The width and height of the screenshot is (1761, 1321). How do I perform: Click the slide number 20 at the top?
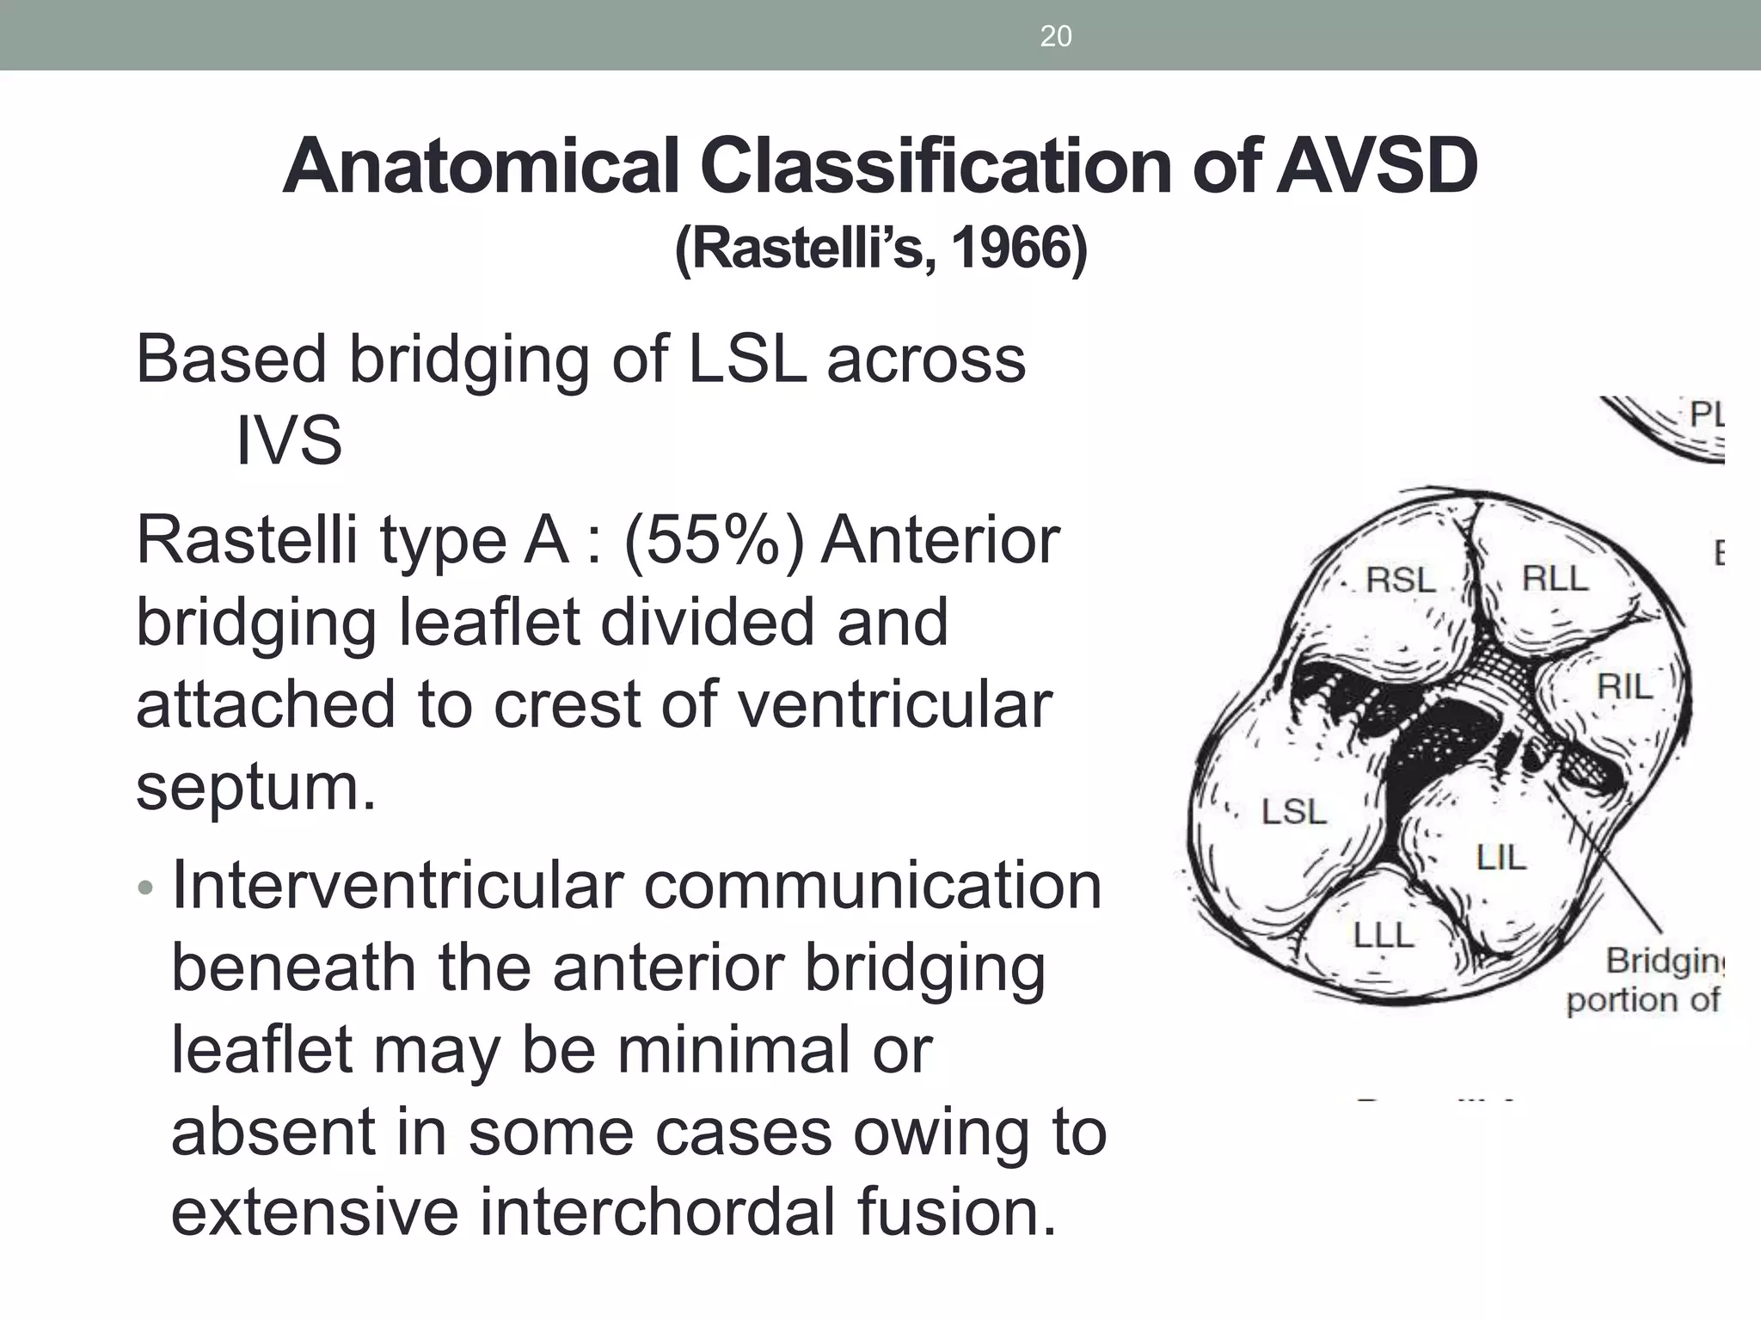1055,36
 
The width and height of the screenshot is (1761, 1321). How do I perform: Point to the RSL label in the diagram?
1401,581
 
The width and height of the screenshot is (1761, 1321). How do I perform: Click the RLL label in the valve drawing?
1555,579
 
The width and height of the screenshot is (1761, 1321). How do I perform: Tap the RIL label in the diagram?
1624,687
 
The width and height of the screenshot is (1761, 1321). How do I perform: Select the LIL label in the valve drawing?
1500,857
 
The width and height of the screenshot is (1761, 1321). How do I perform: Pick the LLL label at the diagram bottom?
1383,935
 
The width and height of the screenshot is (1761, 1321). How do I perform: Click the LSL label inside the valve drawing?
1293,812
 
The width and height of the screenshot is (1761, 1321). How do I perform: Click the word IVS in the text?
289,440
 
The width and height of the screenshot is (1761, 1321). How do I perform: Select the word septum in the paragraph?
255,786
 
